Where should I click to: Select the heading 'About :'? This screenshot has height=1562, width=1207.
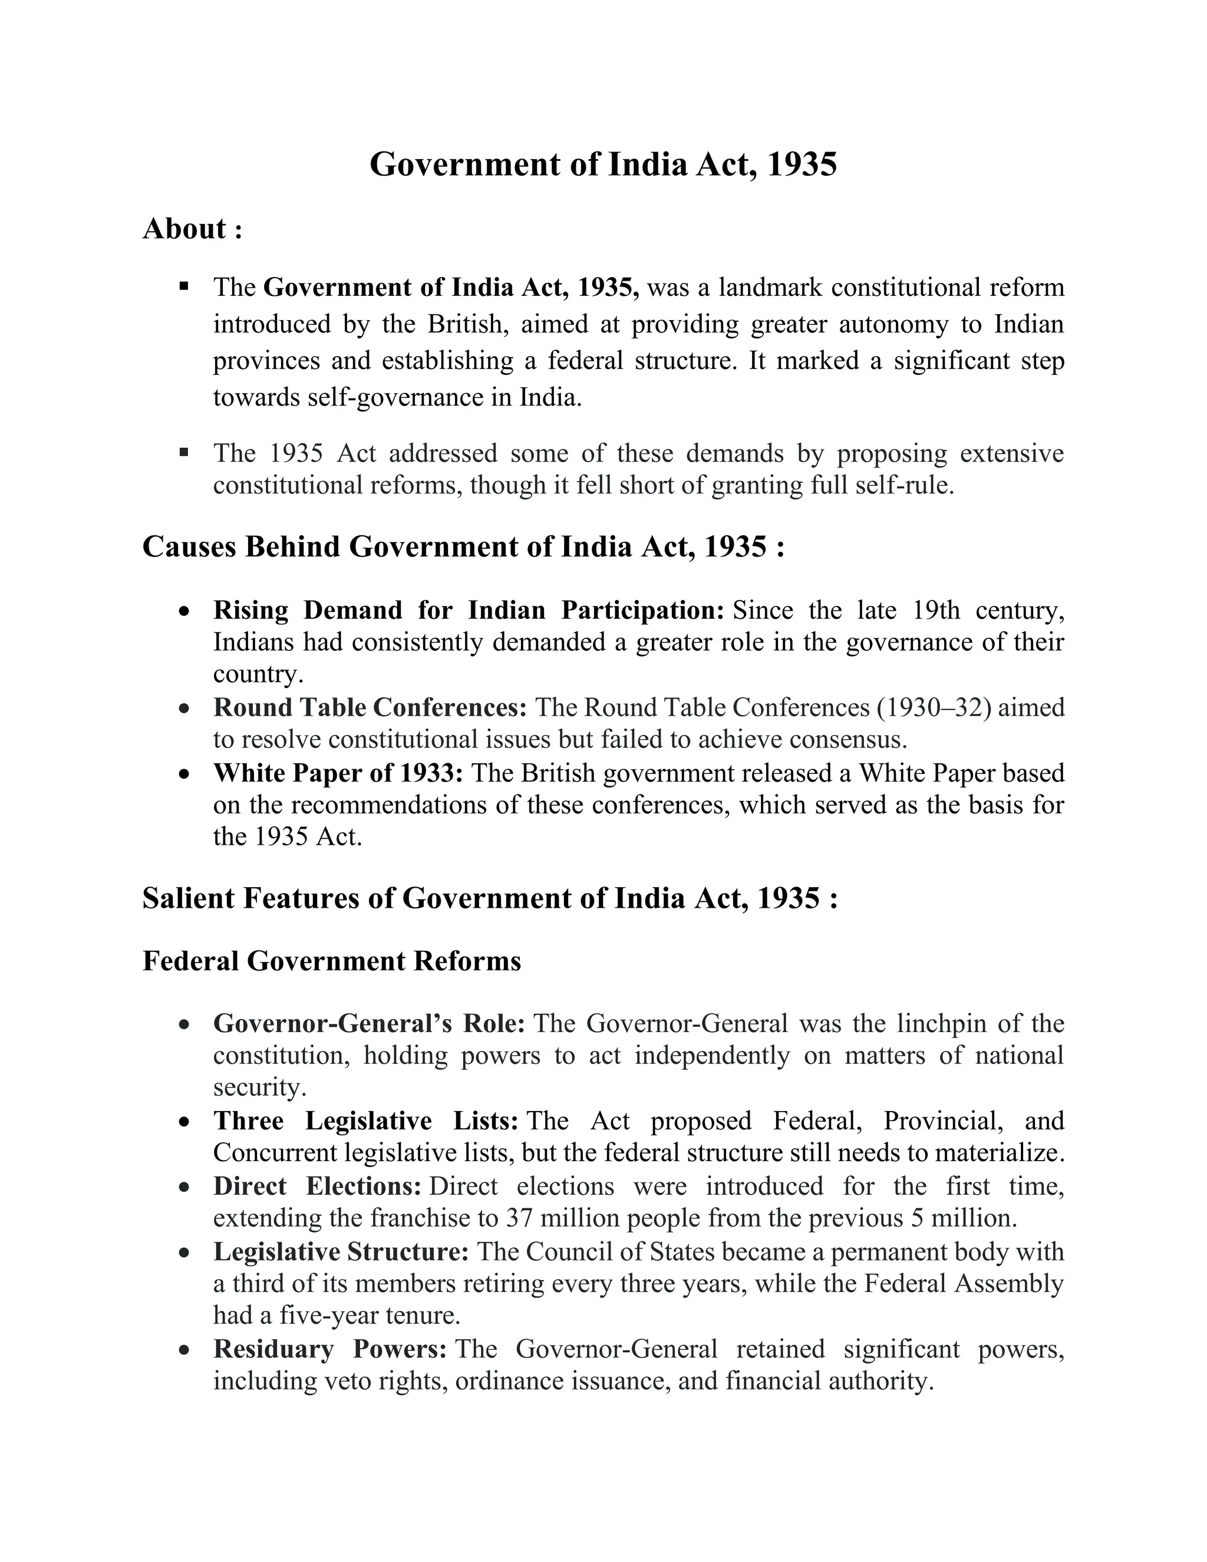pos(192,229)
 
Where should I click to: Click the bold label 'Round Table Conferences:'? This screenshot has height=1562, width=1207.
pos(370,707)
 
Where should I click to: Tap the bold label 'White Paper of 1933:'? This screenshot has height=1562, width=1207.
pos(338,773)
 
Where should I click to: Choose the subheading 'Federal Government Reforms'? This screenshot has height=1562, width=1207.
pos(332,961)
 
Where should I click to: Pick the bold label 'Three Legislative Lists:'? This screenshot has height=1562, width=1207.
pos(365,1121)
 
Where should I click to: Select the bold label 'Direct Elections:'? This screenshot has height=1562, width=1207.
pos(316,1186)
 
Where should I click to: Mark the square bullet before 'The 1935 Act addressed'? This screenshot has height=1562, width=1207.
pos(184,452)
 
